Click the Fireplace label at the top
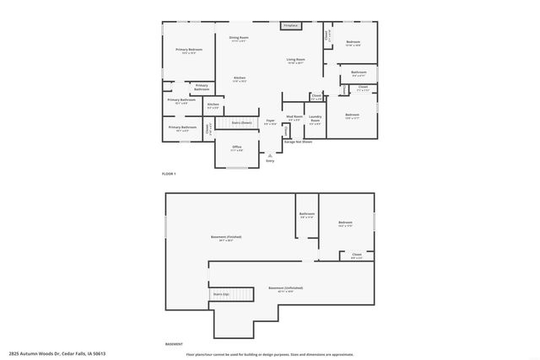(x=290, y=25)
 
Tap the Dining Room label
(x=239, y=38)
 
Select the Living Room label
(x=295, y=61)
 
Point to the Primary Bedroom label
(x=189, y=51)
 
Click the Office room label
(x=237, y=148)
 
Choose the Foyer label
(x=271, y=121)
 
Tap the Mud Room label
(x=294, y=117)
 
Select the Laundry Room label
(x=315, y=119)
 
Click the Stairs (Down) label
(x=242, y=123)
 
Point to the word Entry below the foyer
(x=270, y=160)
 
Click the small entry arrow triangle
(x=270, y=155)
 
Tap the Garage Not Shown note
(x=298, y=142)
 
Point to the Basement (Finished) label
(x=226, y=238)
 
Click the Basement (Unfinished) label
(x=285, y=289)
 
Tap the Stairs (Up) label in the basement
(x=221, y=294)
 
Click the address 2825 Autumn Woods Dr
(x=51, y=354)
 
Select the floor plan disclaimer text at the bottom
(x=269, y=354)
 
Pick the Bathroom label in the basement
(x=306, y=214)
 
